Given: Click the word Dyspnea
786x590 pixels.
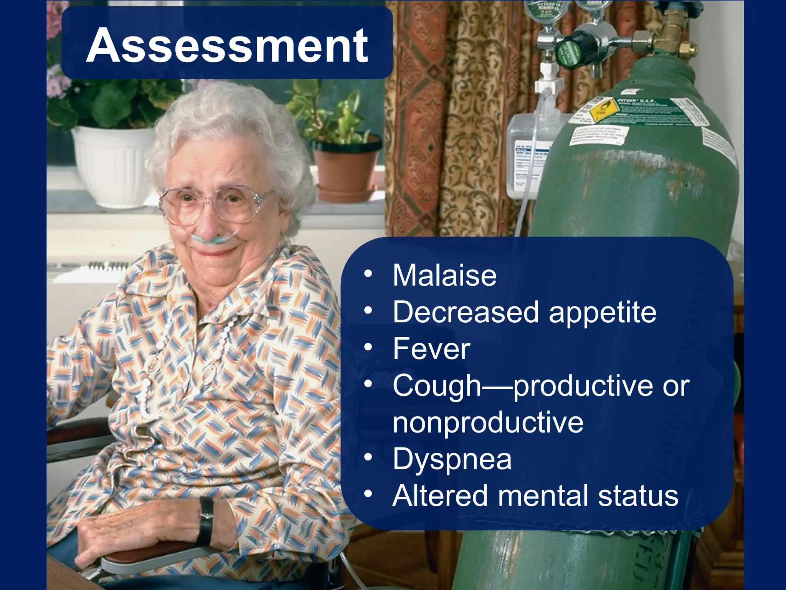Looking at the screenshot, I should coord(452,459).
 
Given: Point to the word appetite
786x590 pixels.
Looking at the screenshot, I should coord(603,313).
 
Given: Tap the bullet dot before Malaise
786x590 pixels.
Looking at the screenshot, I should coord(368,274).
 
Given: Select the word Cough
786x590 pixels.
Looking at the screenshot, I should coord(437,386).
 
